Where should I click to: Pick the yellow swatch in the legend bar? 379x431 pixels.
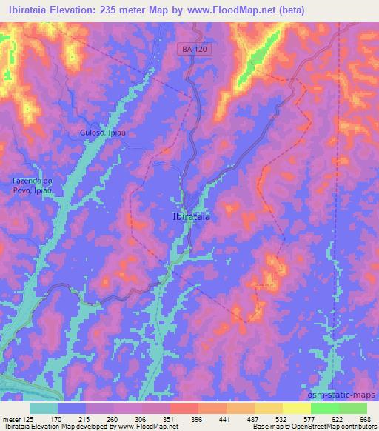(297, 408)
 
